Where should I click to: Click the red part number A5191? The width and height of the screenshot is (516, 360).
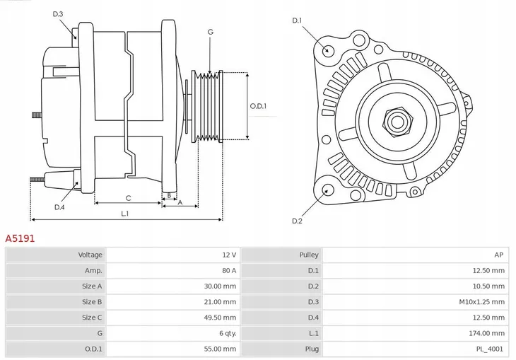(x=20, y=239)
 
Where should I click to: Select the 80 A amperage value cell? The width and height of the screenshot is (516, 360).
(x=229, y=270)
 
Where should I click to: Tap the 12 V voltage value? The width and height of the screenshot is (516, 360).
(x=230, y=255)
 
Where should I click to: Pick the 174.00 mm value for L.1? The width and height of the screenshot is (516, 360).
(x=488, y=333)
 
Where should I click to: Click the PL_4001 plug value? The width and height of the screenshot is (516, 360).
(x=491, y=349)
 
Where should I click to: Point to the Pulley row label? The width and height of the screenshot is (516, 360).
(x=309, y=255)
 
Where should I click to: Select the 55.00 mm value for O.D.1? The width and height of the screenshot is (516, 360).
(x=221, y=349)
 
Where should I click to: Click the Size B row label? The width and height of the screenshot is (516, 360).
(x=92, y=302)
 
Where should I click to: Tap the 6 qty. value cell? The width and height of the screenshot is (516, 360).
(x=226, y=333)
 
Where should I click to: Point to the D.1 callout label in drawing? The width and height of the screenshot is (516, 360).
(x=297, y=21)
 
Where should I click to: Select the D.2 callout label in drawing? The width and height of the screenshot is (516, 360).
(x=297, y=221)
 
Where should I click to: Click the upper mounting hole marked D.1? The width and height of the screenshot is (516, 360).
(x=327, y=50)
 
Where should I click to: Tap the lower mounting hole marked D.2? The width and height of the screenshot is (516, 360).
(x=327, y=190)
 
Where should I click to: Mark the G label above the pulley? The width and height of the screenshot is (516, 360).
(x=210, y=32)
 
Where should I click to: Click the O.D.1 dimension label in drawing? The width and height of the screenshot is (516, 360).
(x=259, y=106)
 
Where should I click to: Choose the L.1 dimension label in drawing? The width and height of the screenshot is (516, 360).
(x=124, y=213)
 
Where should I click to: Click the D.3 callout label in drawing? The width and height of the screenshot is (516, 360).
(x=58, y=14)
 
